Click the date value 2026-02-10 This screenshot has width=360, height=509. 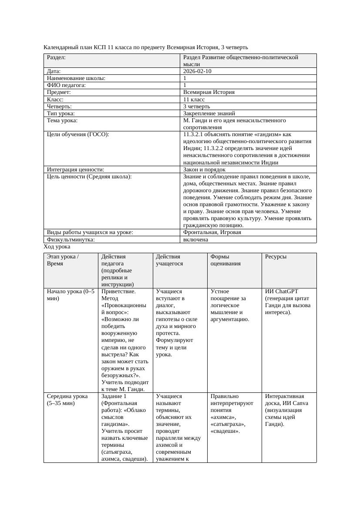198,71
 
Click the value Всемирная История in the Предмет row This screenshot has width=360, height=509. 209,92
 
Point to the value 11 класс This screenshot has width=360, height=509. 194,100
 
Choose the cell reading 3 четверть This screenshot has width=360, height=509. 197,107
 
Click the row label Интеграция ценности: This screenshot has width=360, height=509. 76,170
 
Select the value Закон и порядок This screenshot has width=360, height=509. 204,170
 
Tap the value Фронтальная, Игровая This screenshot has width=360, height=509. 212,232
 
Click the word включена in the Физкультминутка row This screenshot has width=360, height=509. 195,239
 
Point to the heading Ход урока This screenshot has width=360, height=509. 57,247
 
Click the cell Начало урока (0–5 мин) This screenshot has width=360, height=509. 71,295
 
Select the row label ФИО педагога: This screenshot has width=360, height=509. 66,85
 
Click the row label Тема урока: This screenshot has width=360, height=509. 62,121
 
